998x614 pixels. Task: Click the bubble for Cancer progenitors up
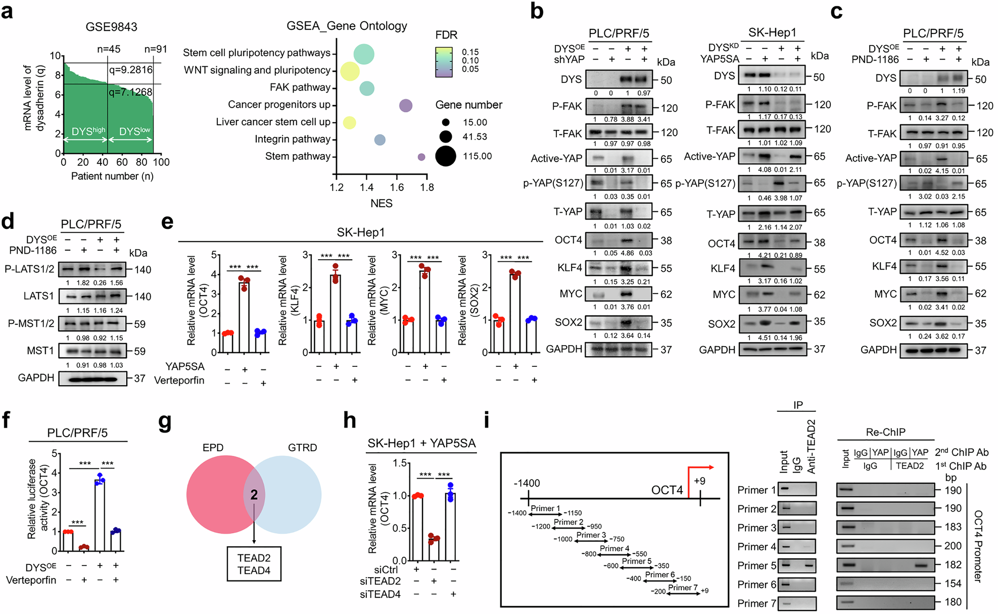(x=405, y=106)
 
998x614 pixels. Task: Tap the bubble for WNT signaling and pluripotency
(x=349, y=71)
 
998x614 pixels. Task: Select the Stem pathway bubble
(x=421, y=157)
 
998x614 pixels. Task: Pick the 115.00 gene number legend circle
(x=445, y=156)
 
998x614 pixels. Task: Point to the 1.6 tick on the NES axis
(x=397, y=187)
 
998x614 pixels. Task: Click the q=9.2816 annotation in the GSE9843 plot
(x=130, y=70)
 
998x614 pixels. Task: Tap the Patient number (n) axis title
(x=112, y=176)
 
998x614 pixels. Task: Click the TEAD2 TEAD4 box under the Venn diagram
(x=254, y=564)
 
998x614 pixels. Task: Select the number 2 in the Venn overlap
(x=254, y=495)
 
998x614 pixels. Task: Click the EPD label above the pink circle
(x=213, y=448)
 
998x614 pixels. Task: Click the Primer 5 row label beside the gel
(x=756, y=565)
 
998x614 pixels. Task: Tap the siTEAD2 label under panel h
(x=381, y=582)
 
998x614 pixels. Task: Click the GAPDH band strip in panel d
(x=92, y=379)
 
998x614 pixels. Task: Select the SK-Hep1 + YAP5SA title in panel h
(x=421, y=443)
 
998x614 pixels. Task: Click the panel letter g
(x=165, y=422)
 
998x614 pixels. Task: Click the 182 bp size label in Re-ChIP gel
(x=953, y=565)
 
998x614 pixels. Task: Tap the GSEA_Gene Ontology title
(x=347, y=26)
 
